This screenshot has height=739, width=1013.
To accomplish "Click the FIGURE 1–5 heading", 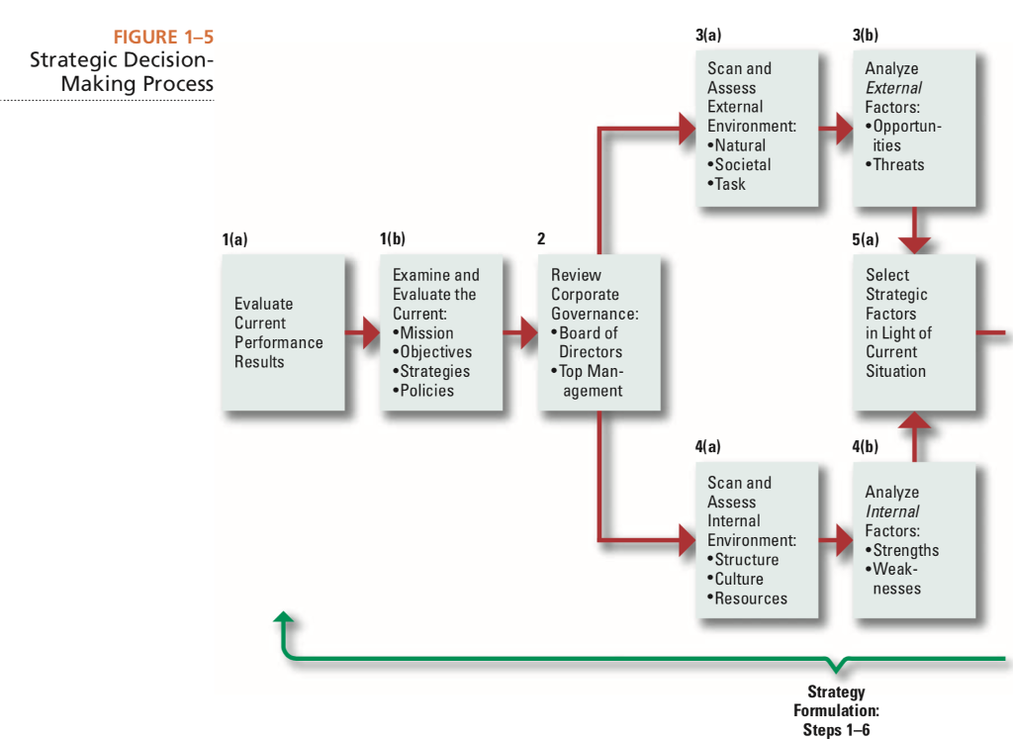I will coord(163,38).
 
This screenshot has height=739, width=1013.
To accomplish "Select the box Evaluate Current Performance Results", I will coord(283,332).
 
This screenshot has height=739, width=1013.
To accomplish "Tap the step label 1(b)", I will coord(392,239).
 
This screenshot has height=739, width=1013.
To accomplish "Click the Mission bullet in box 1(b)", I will coord(423,333).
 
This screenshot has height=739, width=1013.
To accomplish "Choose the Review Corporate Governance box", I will coord(599,332).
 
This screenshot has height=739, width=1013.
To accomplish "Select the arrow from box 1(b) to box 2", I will coord(521,333).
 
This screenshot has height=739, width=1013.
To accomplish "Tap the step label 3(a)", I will coord(708,35).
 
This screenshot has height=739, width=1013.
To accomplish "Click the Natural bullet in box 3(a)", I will coord(737,145).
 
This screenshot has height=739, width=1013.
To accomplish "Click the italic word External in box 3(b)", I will coord(893,88).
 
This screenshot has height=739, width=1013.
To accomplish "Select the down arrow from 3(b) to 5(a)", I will coord(915,231).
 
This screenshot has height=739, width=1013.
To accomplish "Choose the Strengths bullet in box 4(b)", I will coord(902,550).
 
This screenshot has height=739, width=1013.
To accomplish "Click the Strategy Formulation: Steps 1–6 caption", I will coord(836,710).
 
